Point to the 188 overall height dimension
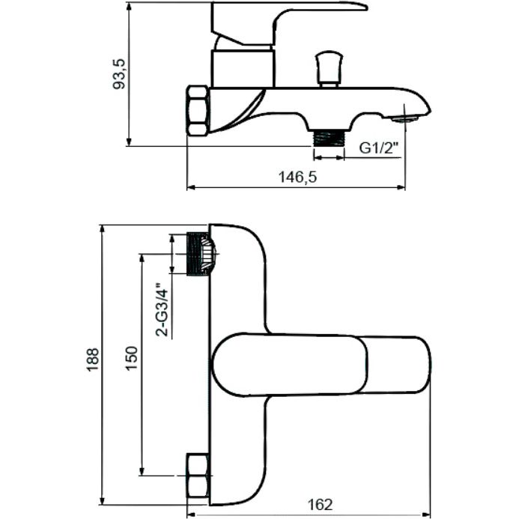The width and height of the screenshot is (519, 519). pos(91,362)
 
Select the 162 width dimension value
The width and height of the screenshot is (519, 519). pos(320,504)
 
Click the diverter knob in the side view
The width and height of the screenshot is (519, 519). pos(327,68)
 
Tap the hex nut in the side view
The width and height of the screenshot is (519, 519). pos(198,110)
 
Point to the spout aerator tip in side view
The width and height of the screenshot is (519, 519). pos(408,115)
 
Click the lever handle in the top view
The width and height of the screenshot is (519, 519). pos(322,365)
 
